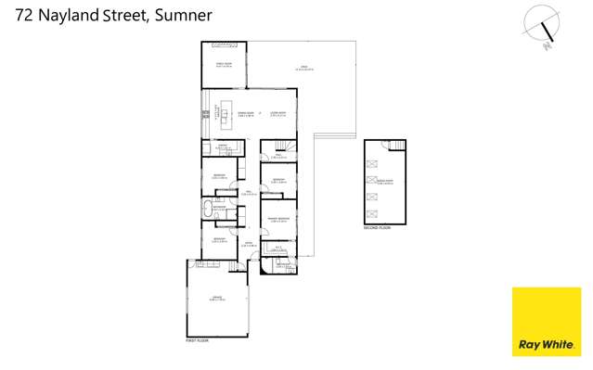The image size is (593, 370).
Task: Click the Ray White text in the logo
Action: click(x=546, y=345)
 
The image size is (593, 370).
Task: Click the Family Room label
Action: click(x=224, y=64)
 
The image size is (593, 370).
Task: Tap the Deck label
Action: click(x=303, y=66)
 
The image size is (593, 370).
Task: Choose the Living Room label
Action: click(x=277, y=114)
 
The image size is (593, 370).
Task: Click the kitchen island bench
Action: click(x=224, y=114)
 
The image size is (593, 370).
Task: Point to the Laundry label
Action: click(x=223, y=146)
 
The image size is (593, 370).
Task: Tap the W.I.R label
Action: click(x=278, y=248)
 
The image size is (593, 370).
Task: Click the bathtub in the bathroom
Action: click(x=208, y=207)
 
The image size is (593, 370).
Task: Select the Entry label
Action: click(x=249, y=243)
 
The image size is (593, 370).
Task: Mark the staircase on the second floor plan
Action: click(x=398, y=146)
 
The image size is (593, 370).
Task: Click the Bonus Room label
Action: click(x=385, y=182)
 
